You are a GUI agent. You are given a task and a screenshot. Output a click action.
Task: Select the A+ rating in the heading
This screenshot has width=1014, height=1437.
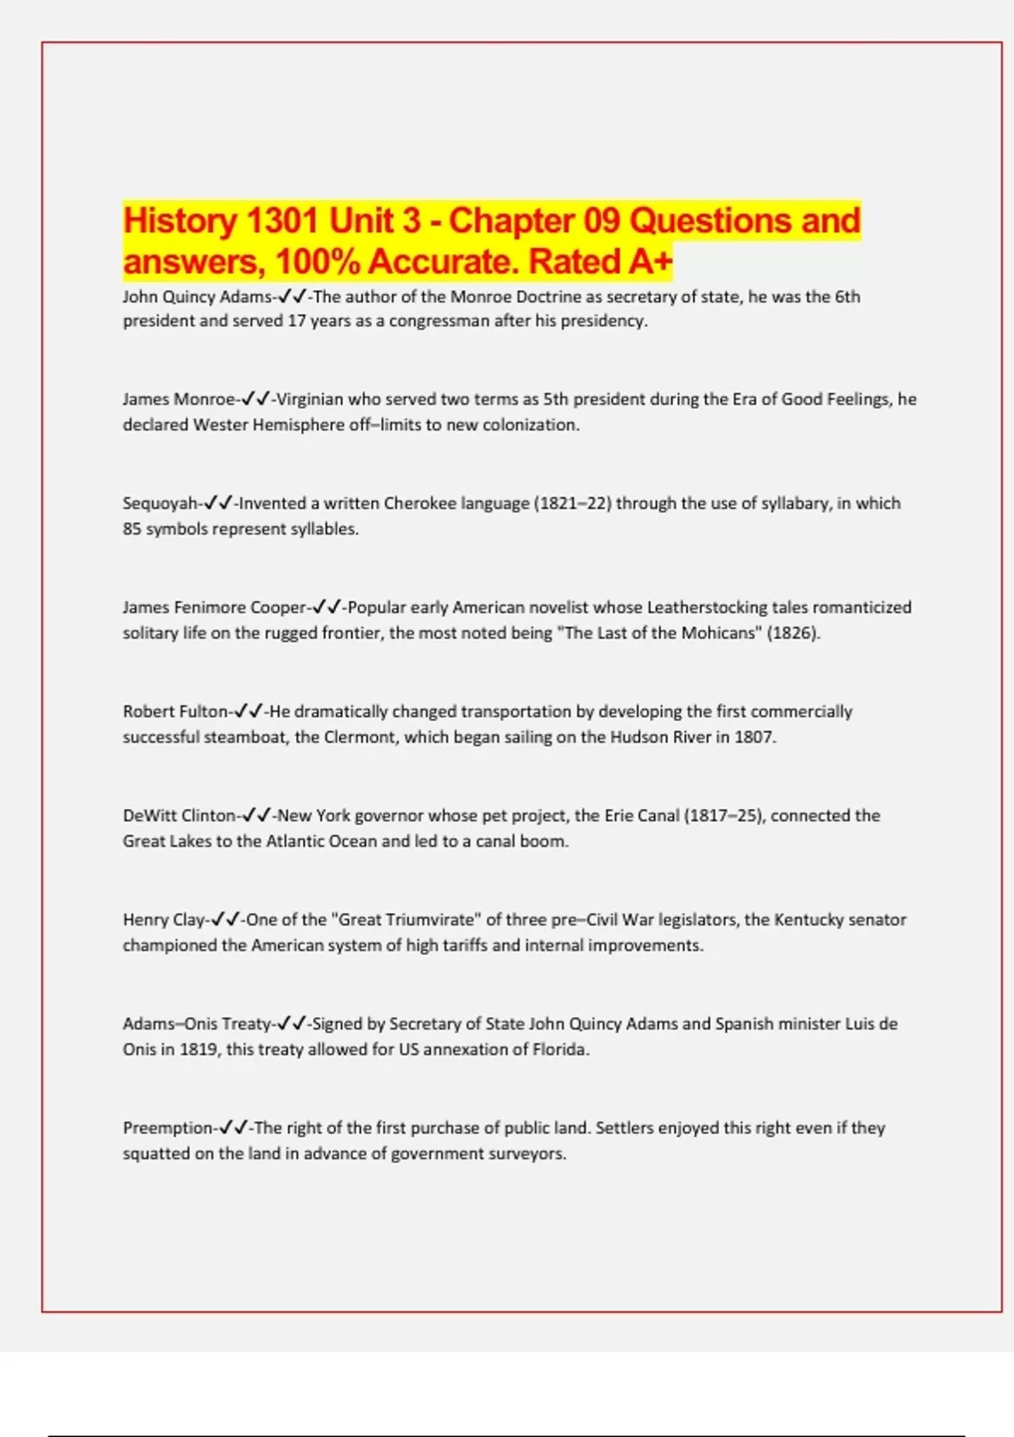[649, 261]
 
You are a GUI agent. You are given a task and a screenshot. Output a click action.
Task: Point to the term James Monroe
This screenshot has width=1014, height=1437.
[179, 399]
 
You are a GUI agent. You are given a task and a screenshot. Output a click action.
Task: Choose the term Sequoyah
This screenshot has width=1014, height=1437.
[161, 503]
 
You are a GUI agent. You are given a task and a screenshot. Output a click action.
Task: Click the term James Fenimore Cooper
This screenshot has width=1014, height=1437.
[215, 607]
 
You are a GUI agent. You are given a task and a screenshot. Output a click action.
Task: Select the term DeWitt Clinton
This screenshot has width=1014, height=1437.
[179, 815]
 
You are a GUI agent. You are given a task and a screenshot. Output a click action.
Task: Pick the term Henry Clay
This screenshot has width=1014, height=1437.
[164, 919]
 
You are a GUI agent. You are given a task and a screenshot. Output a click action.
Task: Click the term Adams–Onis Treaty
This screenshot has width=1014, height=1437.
[197, 1023]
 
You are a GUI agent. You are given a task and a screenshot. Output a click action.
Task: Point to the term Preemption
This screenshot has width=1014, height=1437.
[168, 1127]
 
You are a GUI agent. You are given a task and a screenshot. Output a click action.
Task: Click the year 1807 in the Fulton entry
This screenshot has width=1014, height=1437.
[754, 736]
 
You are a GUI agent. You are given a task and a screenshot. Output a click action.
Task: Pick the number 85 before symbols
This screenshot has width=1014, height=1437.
[132, 528]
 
